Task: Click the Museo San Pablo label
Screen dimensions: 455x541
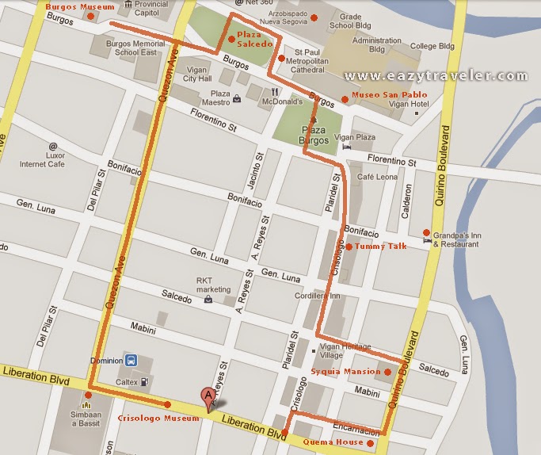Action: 377,97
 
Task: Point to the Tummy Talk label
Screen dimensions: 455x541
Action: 380,247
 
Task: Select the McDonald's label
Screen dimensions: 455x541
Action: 284,101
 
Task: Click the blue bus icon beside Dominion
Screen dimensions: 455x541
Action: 131,359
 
